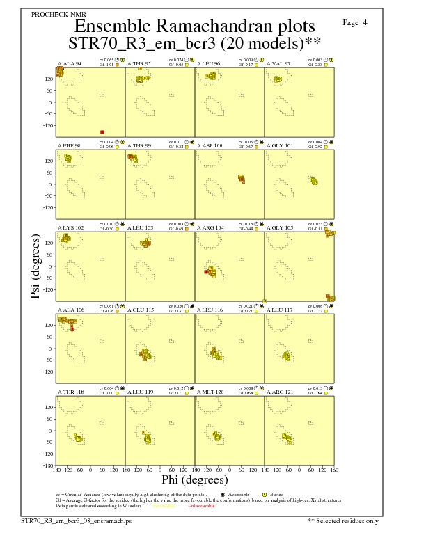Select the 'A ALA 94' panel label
click(x=70, y=63)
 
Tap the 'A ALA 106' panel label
click(x=70, y=310)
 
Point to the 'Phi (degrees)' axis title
click(x=195, y=480)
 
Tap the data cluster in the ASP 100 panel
click(x=242, y=179)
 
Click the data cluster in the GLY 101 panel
click(x=314, y=182)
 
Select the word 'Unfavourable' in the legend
click(x=201, y=506)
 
